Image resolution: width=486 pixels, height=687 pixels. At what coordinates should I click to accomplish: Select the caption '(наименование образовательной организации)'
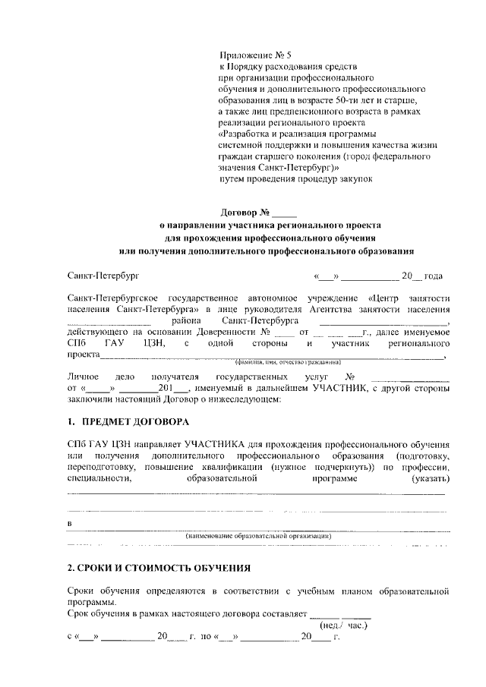(x=259, y=536)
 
